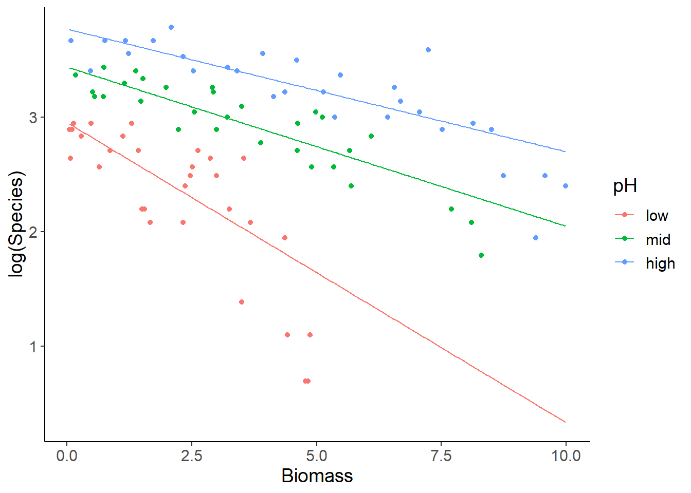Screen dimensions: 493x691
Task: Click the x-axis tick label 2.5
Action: (191, 456)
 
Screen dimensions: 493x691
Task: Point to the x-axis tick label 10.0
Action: (566, 456)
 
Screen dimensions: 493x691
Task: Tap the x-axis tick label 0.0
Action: (67, 456)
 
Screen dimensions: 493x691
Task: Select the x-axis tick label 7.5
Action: (441, 456)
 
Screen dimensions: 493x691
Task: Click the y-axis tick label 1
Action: (33, 347)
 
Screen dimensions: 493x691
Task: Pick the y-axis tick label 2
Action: (33, 232)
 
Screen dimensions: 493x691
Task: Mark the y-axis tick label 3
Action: (33, 118)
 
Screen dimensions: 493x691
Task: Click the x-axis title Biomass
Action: (317, 476)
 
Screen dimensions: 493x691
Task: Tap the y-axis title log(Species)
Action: (17, 224)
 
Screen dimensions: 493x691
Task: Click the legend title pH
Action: (625, 186)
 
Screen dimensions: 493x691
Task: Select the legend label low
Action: (657, 216)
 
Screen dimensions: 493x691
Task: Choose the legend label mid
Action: (658, 240)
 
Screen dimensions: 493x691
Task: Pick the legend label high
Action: (660, 263)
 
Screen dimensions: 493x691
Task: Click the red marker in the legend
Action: (625, 215)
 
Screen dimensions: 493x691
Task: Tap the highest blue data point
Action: (171, 27)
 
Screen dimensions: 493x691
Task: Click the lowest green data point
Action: (481, 255)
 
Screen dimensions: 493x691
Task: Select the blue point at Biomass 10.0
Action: (566, 186)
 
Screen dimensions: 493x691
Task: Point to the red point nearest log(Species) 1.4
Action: (242, 302)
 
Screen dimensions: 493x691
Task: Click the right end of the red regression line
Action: (566, 422)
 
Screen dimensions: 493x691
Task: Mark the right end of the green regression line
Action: (566, 226)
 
